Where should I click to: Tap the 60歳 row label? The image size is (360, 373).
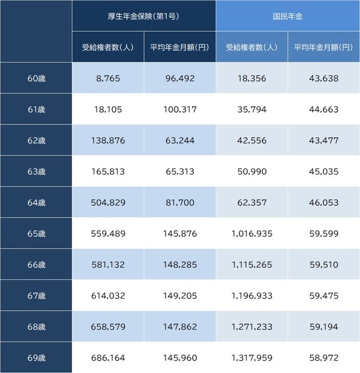(37, 79)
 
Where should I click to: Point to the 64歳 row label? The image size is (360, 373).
(37, 203)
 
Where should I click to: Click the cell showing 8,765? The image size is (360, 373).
(107, 79)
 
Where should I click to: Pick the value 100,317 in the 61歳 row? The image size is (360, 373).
(179, 110)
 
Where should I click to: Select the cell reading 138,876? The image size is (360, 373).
(107, 141)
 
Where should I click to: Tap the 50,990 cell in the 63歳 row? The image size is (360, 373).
(251, 172)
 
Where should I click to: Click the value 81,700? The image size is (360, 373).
(179, 203)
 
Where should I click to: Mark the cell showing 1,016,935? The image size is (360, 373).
(251, 234)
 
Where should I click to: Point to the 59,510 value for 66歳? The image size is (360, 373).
(323, 265)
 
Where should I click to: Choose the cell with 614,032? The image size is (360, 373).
(107, 296)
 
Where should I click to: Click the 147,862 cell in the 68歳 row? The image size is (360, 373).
(179, 327)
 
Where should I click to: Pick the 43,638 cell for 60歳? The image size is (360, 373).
(323, 79)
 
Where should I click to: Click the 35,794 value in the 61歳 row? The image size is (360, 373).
(251, 110)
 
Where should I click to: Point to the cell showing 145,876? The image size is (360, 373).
(179, 234)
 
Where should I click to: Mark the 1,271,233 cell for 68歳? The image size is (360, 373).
(251, 327)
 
